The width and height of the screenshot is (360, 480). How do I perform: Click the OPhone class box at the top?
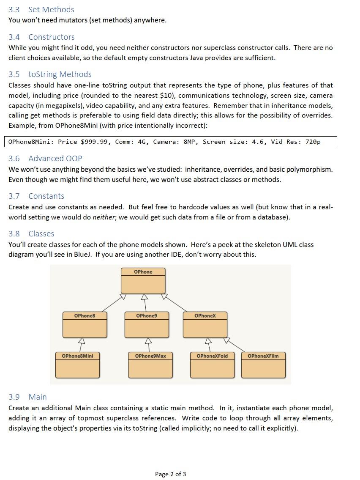coord(143,280)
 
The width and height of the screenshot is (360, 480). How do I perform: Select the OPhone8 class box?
coord(85,324)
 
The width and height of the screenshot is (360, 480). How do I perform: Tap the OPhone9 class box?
coord(147,324)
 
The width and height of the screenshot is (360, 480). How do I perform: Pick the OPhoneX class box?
coord(205,324)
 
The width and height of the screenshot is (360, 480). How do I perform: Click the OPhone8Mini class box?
coord(77,365)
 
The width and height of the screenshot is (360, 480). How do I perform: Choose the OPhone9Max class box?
coord(150,365)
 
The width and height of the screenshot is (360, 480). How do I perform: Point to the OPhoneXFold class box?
coord(212,365)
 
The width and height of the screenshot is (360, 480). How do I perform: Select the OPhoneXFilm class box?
coord(263,365)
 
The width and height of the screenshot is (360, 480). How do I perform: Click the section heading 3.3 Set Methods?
coord(41,9)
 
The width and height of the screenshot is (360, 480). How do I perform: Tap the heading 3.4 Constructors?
coord(41,37)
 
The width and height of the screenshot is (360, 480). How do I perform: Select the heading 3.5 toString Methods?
coord(50,74)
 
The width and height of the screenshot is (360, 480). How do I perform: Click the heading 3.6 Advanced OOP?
coord(45,158)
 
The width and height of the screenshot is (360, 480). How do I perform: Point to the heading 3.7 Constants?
coord(36,196)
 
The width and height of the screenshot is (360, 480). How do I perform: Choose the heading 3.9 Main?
coord(28,397)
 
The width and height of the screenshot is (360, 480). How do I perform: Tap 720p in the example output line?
coord(313,142)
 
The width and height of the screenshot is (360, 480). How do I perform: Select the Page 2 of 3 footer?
coord(171,474)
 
